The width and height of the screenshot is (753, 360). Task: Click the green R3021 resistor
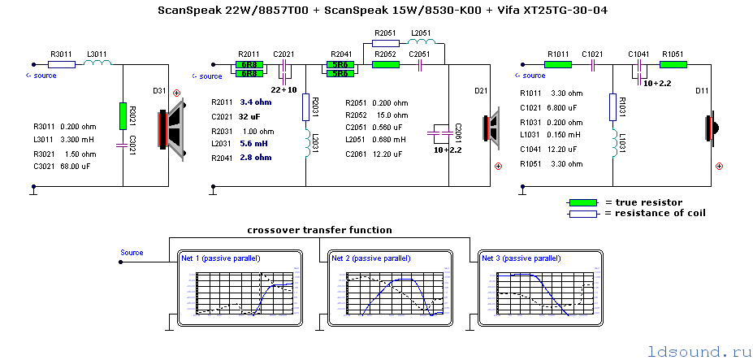coord(123,116)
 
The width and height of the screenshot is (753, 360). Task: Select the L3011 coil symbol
coord(96,64)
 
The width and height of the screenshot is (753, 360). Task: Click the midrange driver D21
coord(491,128)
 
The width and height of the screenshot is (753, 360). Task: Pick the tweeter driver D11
coord(709,127)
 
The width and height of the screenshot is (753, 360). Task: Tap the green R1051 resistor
coord(673,64)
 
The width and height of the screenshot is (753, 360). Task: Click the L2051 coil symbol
coord(421,43)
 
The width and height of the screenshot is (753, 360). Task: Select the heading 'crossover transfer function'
coord(320,230)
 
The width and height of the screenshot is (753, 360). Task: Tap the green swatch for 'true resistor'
coord(582,202)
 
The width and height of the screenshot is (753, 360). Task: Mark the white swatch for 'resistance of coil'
coord(582,213)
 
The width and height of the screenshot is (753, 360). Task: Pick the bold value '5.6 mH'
coord(254,144)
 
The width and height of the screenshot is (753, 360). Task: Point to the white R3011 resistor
coord(62,64)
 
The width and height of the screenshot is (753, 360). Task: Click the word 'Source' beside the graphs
coord(132,253)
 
